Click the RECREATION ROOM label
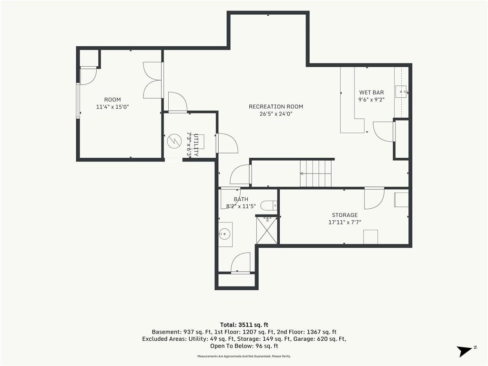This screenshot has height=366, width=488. pyautogui.click(x=276, y=106)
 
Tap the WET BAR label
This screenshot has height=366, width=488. pyautogui.click(x=371, y=92)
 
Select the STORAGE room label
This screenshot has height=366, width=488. pyautogui.click(x=345, y=215)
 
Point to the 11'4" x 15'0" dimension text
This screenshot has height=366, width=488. pyautogui.click(x=112, y=107)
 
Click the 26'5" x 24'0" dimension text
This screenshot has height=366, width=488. pyautogui.click(x=276, y=114)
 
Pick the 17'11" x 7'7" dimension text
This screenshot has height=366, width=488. pyautogui.click(x=345, y=222)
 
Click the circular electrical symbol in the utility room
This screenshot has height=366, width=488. pyautogui.click(x=174, y=142)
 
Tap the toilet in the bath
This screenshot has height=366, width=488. pyautogui.click(x=268, y=205)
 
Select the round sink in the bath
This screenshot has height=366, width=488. pyautogui.click(x=224, y=233)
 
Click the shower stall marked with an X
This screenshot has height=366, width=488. pyautogui.click(x=267, y=230)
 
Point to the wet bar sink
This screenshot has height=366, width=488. pyautogui.click(x=401, y=92)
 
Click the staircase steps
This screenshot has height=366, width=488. pyautogui.click(x=315, y=173)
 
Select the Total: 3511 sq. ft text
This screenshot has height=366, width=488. pyautogui.click(x=244, y=325)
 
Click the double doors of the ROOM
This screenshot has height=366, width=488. pyautogui.click(x=152, y=80)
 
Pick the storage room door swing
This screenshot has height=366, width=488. pyautogui.click(x=374, y=199)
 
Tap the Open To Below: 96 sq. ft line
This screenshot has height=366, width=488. pyautogui.click(x=244, y=346)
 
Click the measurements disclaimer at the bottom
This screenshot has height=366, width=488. pyautogui.click(x=244, y=356)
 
